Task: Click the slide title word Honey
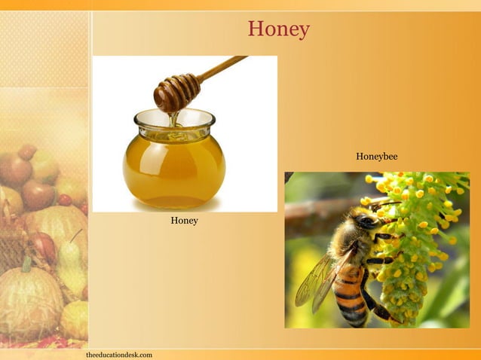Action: click(x=279, y=29)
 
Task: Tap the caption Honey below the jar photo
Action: click(x=184, y=221)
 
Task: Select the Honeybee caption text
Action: click(x=376, y=157)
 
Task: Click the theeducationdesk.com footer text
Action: click(x=119, y=354)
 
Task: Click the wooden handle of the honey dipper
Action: click(x=222, y=67)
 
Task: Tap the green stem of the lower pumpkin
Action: click(x=27, y=264)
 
